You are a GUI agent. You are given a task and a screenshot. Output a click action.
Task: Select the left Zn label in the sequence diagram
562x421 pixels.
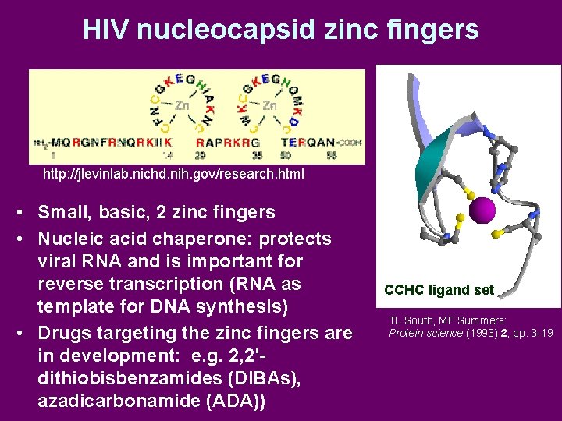coord(182,105)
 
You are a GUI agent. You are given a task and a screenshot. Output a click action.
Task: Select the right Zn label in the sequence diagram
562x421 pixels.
coord(270,105)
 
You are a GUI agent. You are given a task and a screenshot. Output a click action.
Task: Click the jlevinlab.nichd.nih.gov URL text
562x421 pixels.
coord(173,174)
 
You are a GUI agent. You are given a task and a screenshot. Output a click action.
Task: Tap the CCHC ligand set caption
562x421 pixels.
coord(439,290)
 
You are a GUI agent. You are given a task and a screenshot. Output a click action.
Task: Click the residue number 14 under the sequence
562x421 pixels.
coord(166,156)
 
